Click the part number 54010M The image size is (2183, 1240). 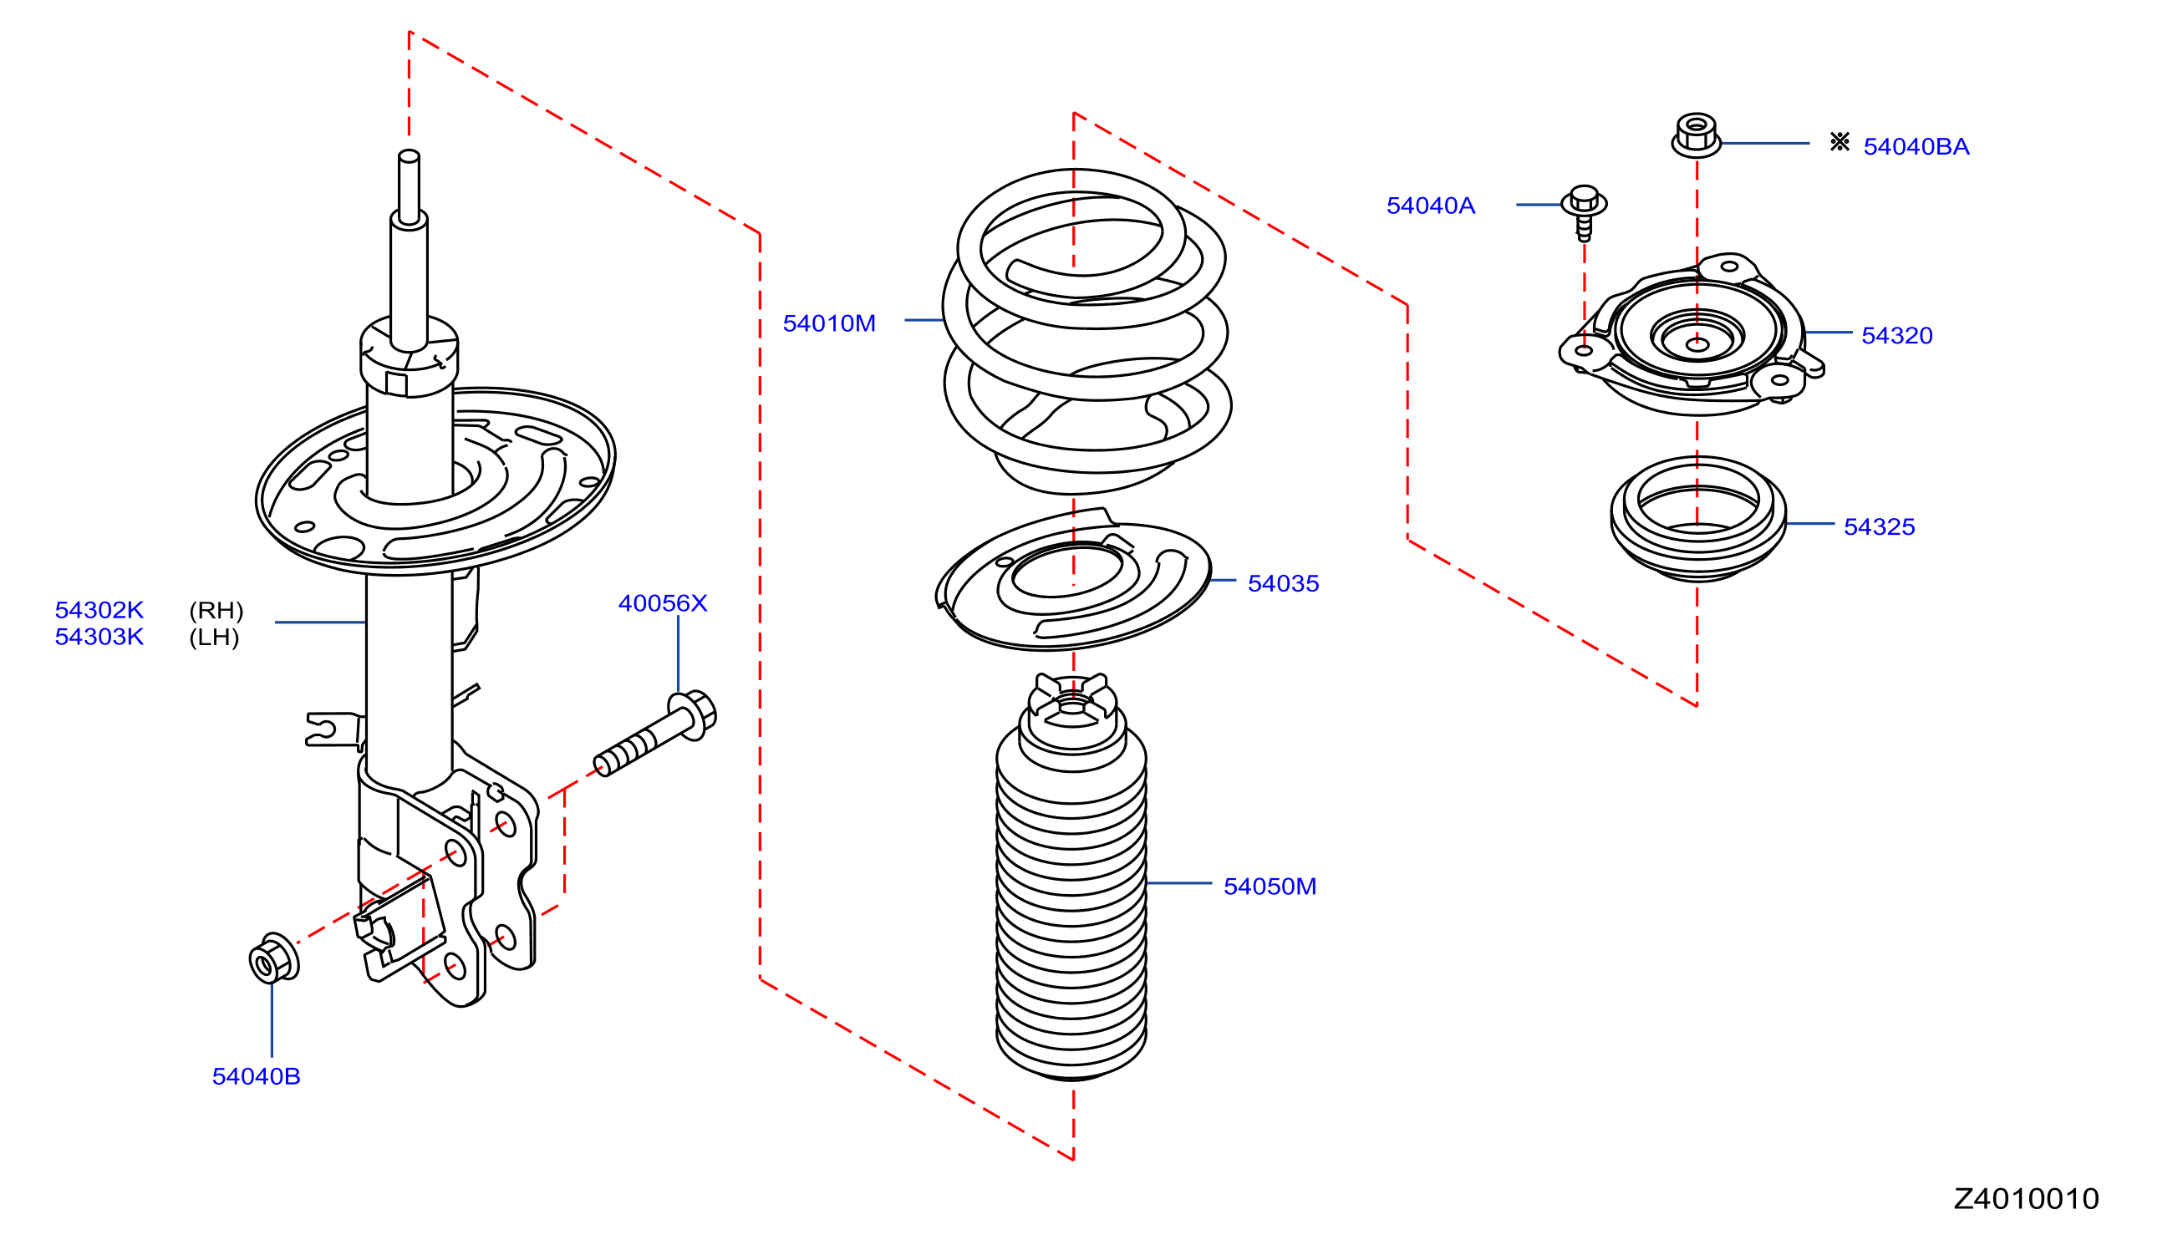(x=828, y=323)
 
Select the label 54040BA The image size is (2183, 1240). (x=1916, y=146)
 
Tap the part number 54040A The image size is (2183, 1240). (x=1430, y=206)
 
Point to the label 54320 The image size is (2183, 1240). (x=1896, y=336)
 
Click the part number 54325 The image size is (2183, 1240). (x=1878, y=526)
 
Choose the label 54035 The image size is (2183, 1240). (x=1283, y=583)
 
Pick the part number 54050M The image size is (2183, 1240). (x=1269, y=887)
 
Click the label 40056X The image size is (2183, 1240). (x=662, y=603)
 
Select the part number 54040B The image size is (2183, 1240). (x=256, y=1076)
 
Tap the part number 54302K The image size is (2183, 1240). (x=99, y=610)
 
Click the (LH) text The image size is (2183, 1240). (x=214, y=637)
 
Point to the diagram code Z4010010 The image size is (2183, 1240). (x=2025, y=1199)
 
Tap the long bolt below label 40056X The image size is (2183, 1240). (x=654, y=734)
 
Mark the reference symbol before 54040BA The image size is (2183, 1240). (x=1839, y=141)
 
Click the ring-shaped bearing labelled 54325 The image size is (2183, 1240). (x=1697, y=519)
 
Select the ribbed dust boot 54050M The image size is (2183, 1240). (x=1071, y=877)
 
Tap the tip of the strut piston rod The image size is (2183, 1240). (x=409, y=156)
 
